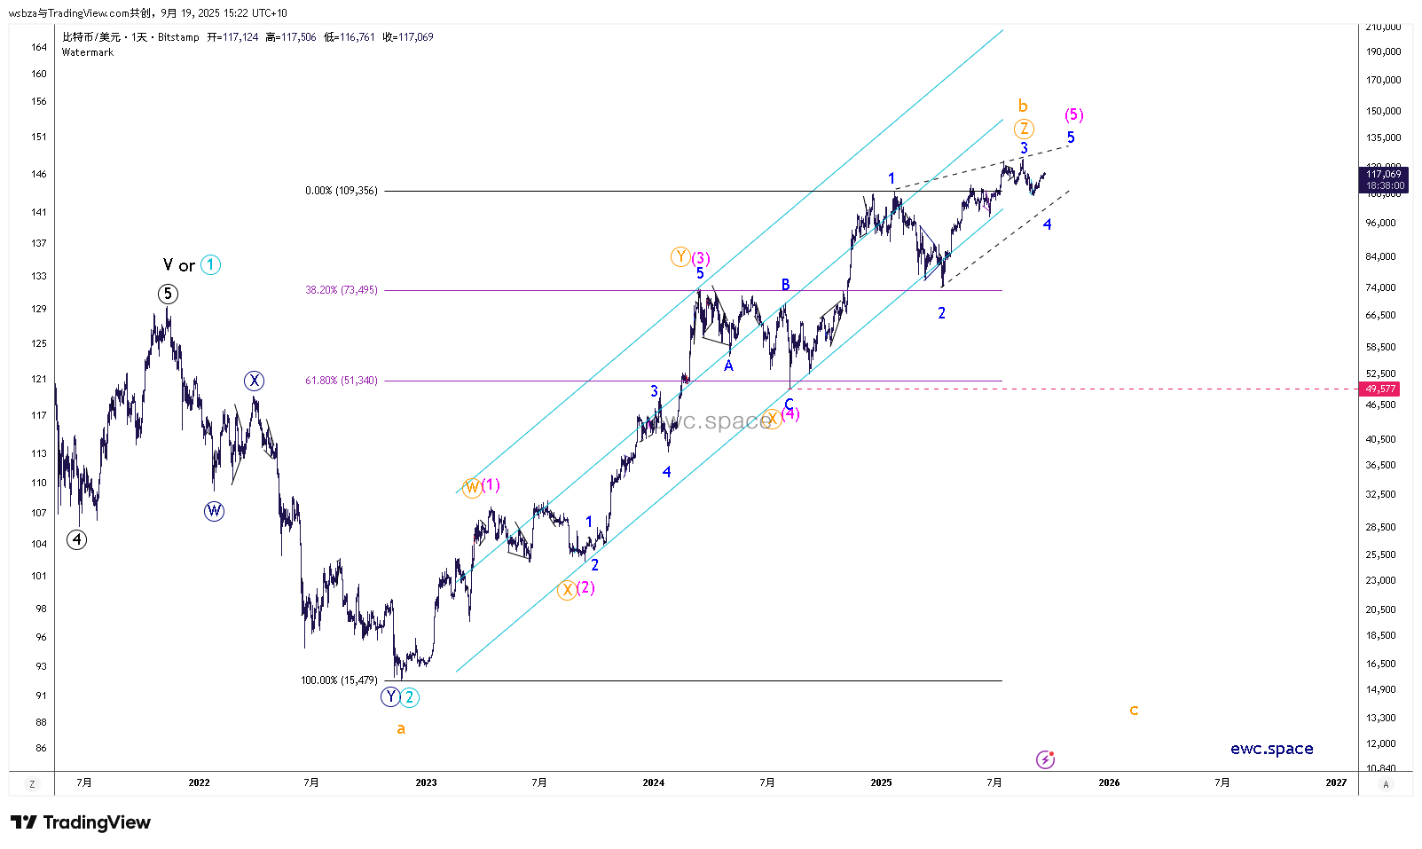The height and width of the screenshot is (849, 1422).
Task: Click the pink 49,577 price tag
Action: coord(1380,389)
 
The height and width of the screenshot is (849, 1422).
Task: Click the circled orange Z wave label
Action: coord(1024,129)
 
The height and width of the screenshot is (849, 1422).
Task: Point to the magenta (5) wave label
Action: coord(1073,114)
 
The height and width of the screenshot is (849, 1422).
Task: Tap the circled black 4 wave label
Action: coord(77,539)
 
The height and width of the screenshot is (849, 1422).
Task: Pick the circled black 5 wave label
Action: coord(168,294)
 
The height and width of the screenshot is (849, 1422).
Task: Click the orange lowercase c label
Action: coord(1134,710)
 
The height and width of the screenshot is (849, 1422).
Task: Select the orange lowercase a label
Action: coord(401,728)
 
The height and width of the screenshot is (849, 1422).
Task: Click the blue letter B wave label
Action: coord(785,284)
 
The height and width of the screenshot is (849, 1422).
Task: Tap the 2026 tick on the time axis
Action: coord(1109,782)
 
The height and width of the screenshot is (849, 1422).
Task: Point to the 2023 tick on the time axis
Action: coord(426,782)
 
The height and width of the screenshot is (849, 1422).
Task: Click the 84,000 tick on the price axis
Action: coord(1381,256)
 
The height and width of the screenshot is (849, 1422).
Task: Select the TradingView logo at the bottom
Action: coord(81,822)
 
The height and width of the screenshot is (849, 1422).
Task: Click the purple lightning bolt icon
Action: coord(1045,759)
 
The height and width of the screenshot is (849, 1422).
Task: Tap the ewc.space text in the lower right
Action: coord(1271,749)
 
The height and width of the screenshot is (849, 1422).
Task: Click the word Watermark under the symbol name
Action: coord(88,52)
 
